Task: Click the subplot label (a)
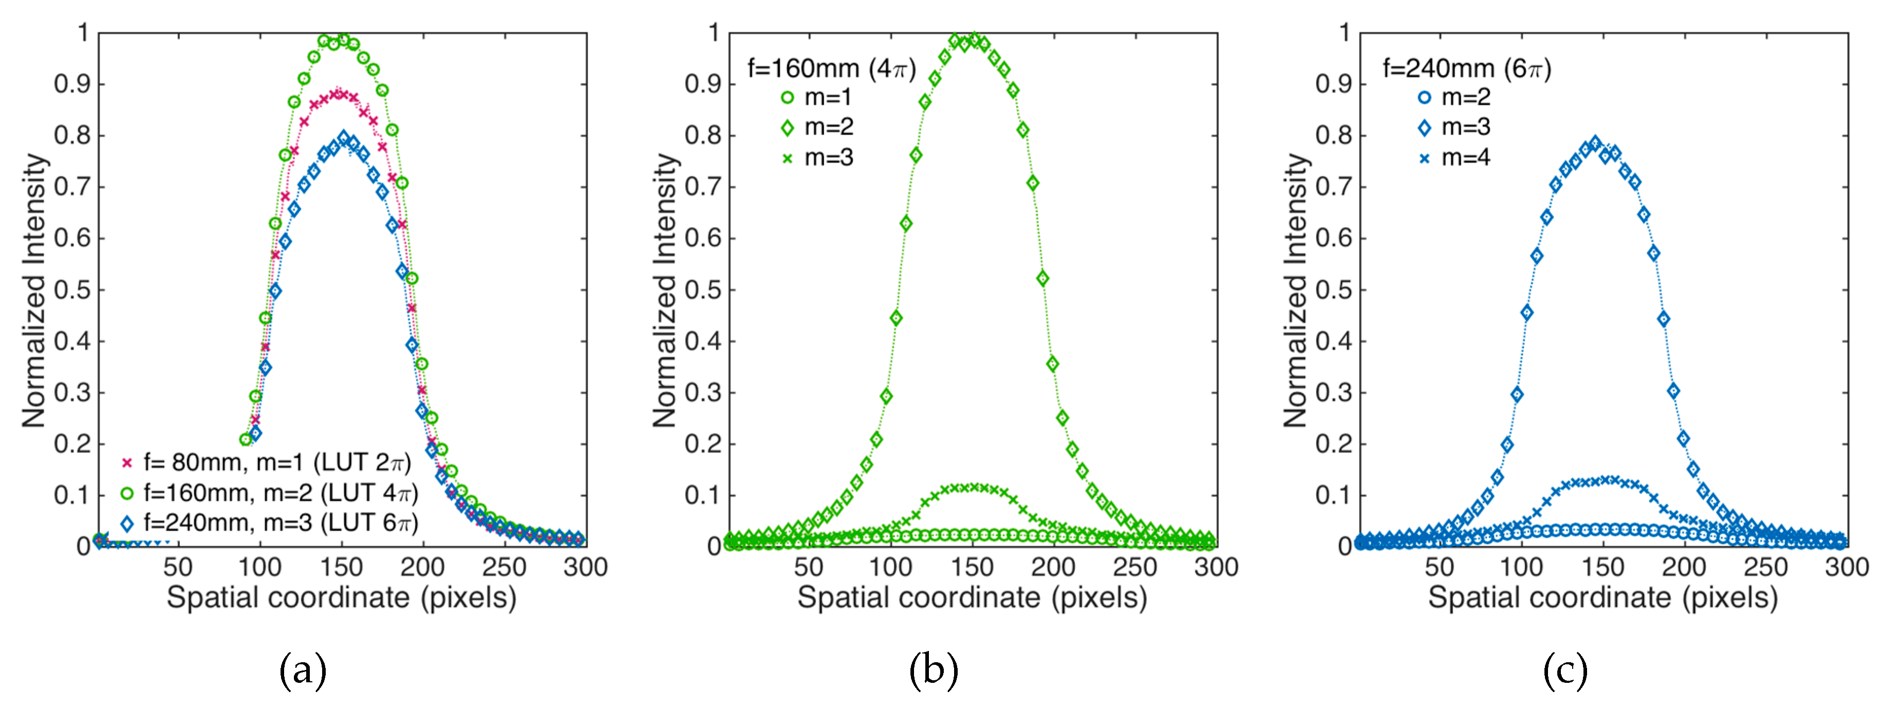[303, 669]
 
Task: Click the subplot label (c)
[1564, 669]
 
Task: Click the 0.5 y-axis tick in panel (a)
[72, 289]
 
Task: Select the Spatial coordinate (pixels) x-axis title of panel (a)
[341, 597]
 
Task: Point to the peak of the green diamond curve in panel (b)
[974, 38]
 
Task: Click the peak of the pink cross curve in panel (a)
[338, 94]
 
